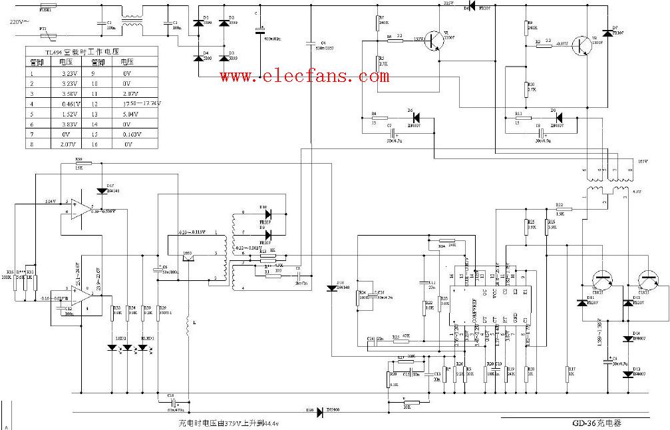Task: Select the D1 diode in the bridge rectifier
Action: click(x=198, y=23)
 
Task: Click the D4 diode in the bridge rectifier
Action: click(x=198, y=58)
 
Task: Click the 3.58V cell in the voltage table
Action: click(x=69, y=94)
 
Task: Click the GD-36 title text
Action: click(x=599, y=422)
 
